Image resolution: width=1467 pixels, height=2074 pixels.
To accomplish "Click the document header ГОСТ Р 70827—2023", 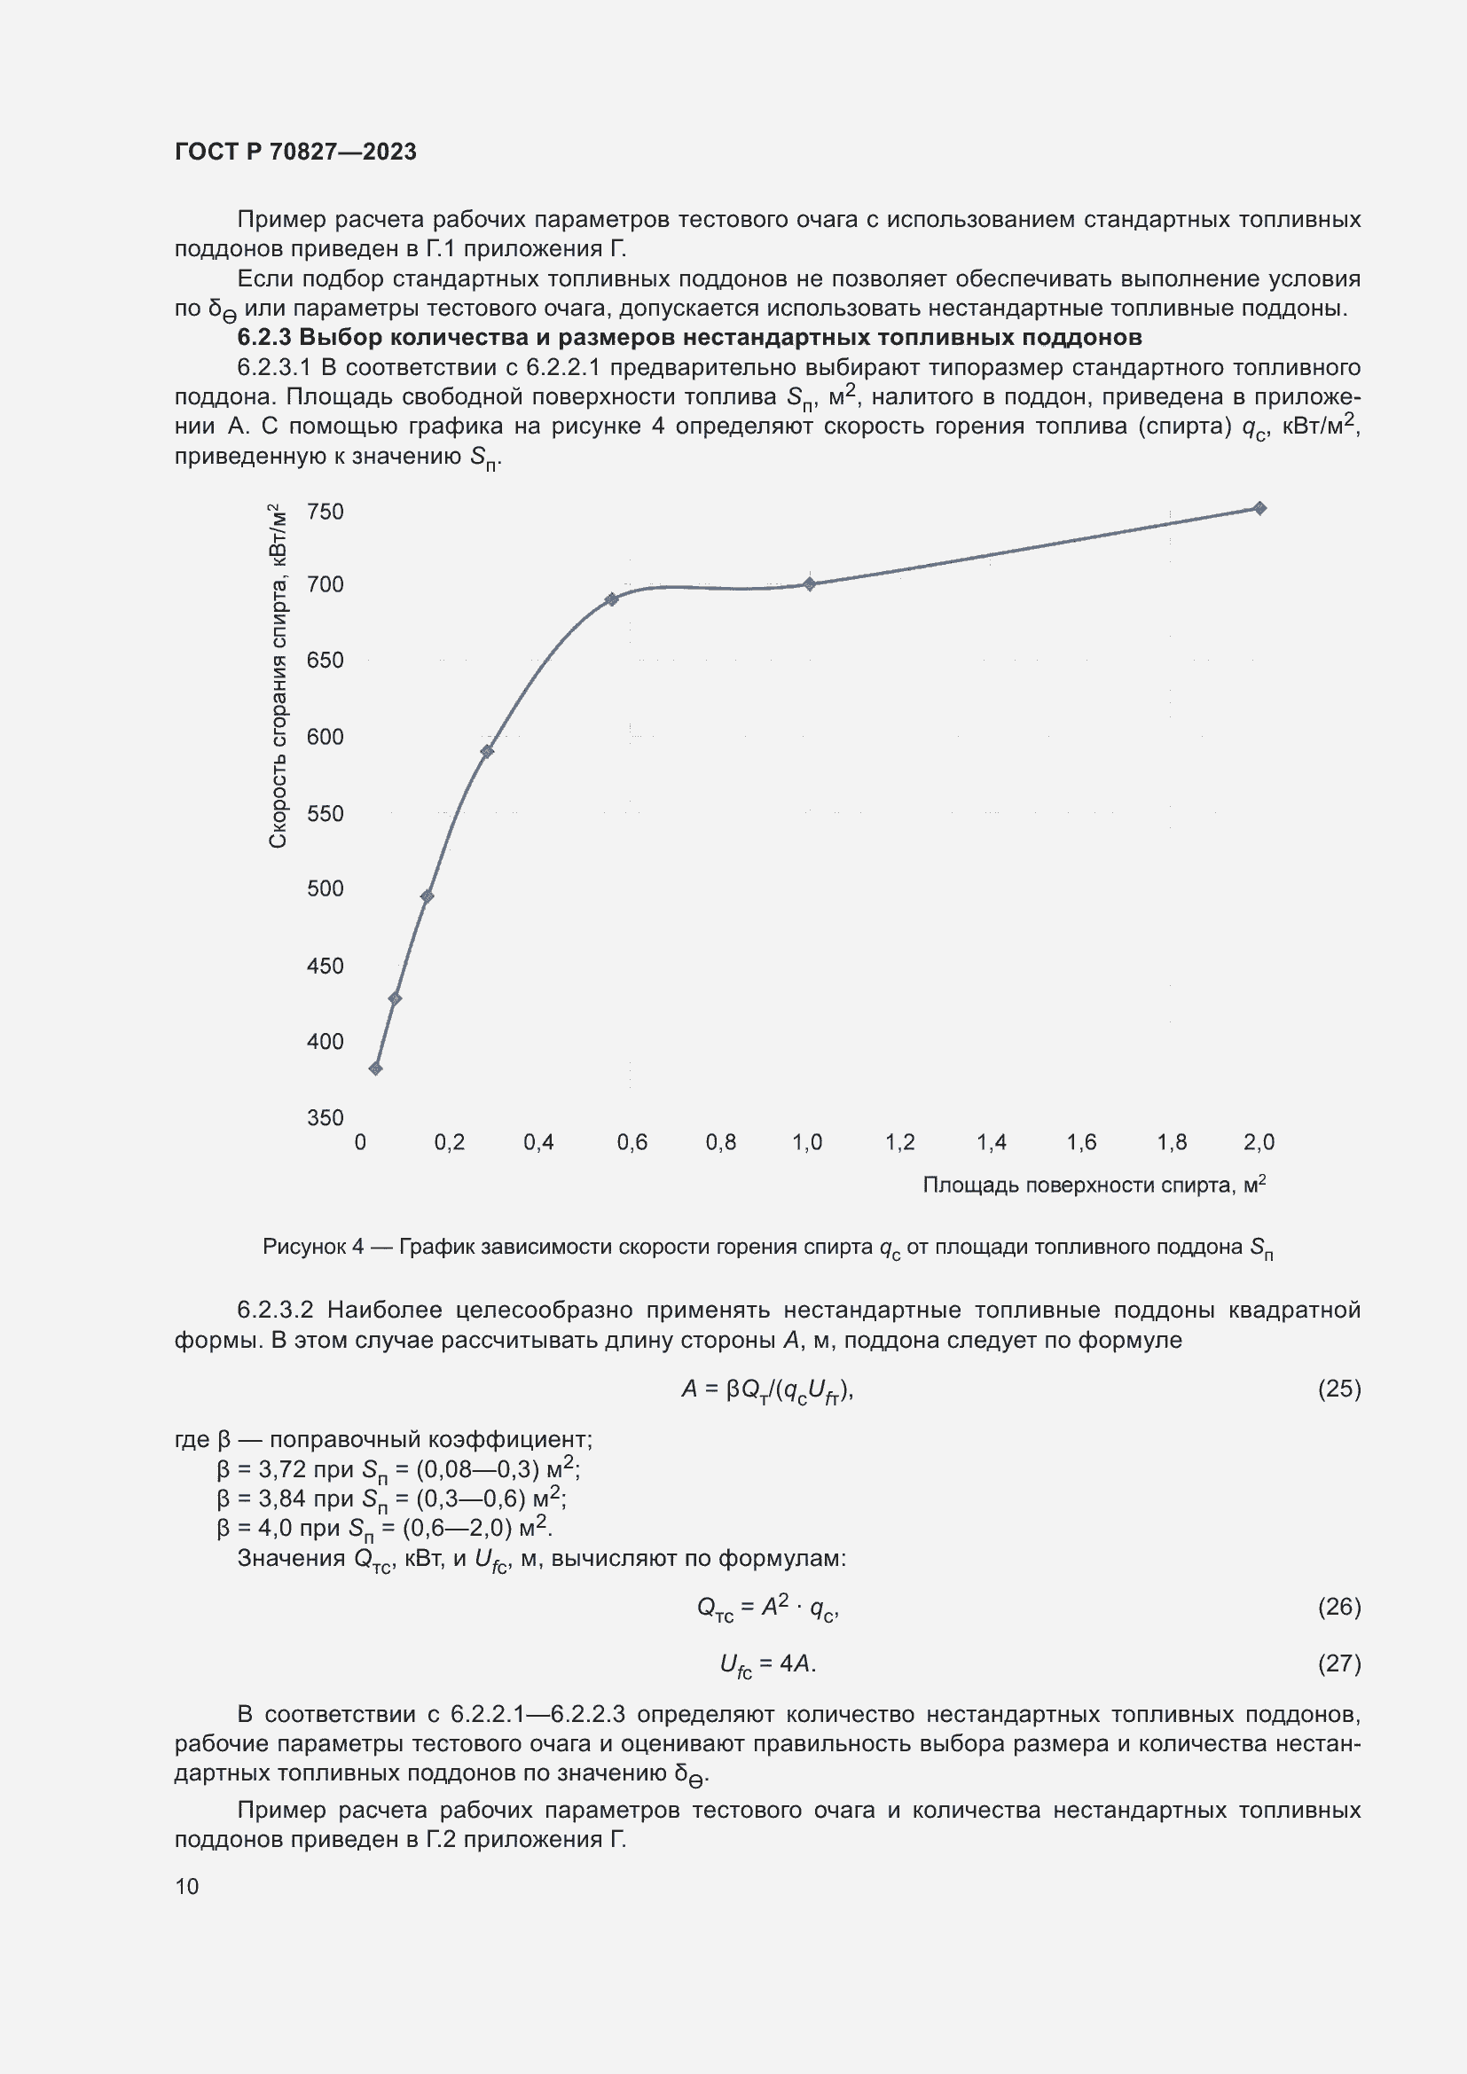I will (x=295, y=152).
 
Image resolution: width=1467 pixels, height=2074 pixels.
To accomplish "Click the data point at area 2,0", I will (x=1259, y=509).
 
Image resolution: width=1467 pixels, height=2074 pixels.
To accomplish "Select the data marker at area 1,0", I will (x=810, y=584).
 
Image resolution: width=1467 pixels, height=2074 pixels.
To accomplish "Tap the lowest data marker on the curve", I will (x=376, y=1068).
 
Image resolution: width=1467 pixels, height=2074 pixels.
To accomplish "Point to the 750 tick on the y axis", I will (x=326, y=513).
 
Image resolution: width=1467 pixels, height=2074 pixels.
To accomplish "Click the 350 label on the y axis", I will (x=326, y=1118).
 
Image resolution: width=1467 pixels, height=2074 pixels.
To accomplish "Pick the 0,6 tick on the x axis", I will (x=632, y=1143).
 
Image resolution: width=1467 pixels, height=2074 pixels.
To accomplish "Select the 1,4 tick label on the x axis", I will (x=991, y=1143).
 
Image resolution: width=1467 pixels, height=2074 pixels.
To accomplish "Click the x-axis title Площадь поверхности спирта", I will (x=1093, y=1186).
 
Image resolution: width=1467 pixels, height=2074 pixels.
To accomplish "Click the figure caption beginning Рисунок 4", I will (x=767, y=1248).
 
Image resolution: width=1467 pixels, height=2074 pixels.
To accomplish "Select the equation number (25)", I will (x=1338, y=1389).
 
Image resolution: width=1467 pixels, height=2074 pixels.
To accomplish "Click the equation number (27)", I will (x=1338, y=1663).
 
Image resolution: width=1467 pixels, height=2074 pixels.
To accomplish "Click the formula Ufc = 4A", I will (x=767, y=1663).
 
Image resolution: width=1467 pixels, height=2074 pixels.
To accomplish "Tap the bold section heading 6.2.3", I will (x=688, y=338).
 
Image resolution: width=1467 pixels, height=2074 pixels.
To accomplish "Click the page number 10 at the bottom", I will (x=187, y=1886).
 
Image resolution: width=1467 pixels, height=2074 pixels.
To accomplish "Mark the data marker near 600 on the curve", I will (x=487, y=752).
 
